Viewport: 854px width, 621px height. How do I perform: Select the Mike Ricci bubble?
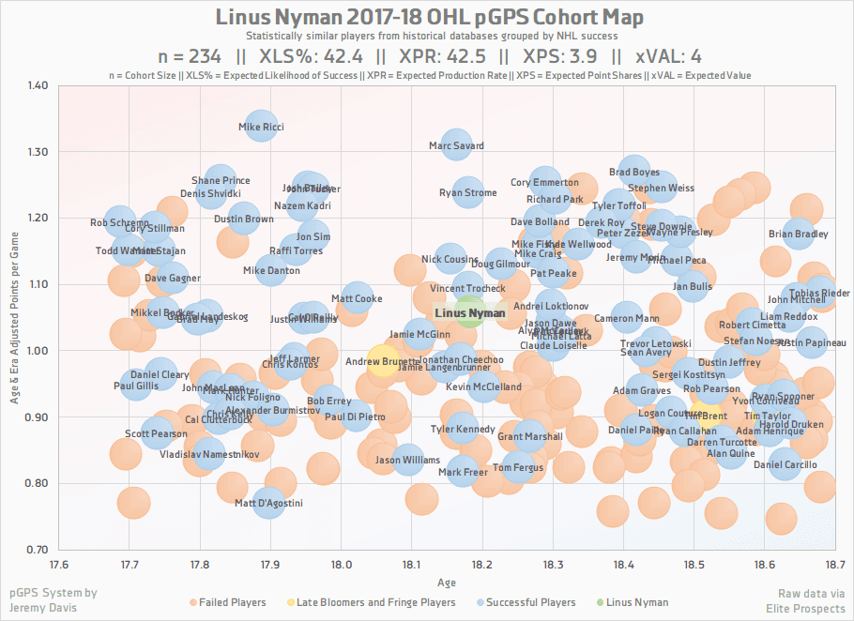[x=260, y=127]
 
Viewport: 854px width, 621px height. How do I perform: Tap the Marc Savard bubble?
[x=456, y=145]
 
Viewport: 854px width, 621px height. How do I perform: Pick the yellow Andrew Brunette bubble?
[x=382, y=361]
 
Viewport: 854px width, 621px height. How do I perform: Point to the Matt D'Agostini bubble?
[x=268, y=504]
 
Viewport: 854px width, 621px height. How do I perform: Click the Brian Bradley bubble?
[x=799, y=234]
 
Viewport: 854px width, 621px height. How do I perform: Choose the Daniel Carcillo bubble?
[x=785, y=463]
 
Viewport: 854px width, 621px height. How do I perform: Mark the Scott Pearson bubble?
[x=157, y=433]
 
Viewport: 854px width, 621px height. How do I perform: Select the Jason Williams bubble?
[x=407, y=460]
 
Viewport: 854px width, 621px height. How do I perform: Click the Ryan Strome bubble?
[x=467, y=193]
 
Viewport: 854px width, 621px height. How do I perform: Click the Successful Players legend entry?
[x=526, y=602]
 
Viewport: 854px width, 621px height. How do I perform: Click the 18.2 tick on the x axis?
[x=482, y=565]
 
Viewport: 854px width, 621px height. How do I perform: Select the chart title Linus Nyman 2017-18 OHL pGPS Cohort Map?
[x=430, y=18]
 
